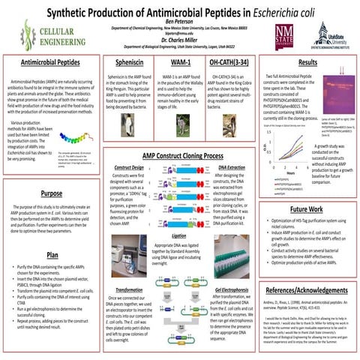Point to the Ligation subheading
coord(179,214)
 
